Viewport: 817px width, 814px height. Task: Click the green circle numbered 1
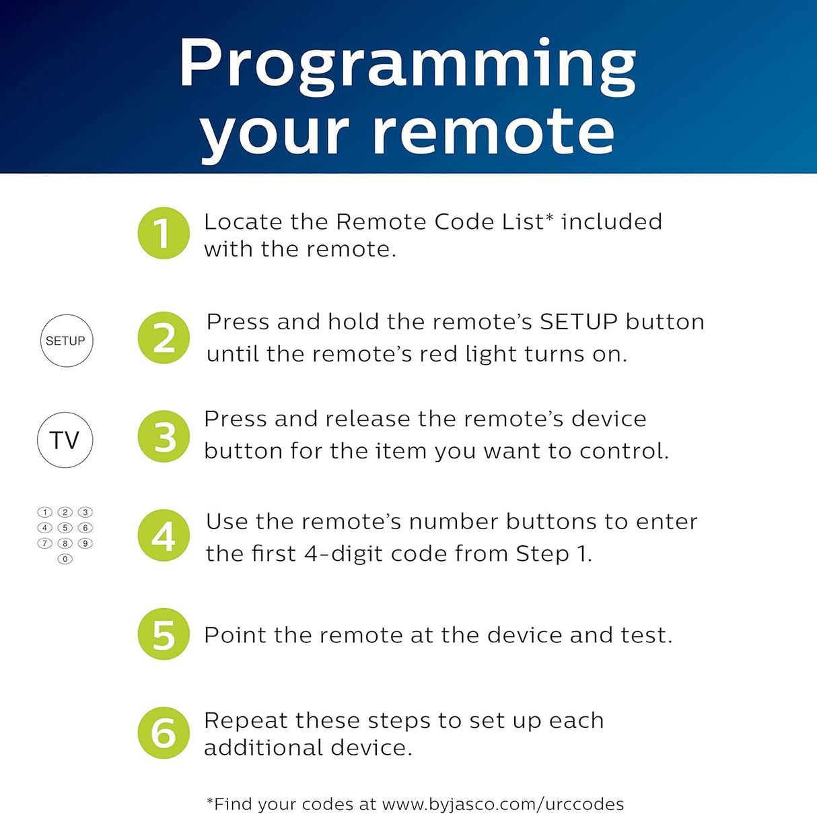pos(164,233)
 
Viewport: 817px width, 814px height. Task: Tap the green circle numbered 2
pos(164,337)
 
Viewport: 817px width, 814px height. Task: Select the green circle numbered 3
pos(164,436)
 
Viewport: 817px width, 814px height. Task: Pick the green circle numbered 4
pos(164,535)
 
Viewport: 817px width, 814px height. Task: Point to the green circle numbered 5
pos(164,634)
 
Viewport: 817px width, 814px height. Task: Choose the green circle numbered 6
pos(164,733)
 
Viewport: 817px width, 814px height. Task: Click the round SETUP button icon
pos(67,341)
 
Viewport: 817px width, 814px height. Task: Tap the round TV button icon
pos(65,440)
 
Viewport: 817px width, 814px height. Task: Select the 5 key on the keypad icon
pos(65,528)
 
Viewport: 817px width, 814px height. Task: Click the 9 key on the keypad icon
pos(85,543)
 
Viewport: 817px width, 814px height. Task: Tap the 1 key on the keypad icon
pos(44,512)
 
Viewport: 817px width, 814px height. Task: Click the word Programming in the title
pos(407,65)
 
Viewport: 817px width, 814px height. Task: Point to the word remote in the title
pos(493,133)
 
